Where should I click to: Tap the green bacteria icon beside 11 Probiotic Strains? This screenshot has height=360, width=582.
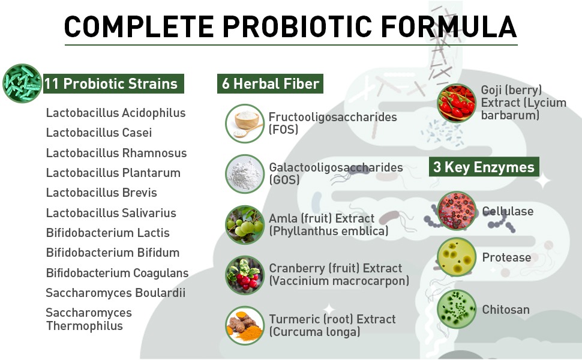pyautogui.click(x=22, y=83)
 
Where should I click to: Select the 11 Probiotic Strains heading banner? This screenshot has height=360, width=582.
pyautogui.click(x=113, y=83)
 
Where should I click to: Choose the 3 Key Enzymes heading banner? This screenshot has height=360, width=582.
pyautogui.click(x=484, y=167)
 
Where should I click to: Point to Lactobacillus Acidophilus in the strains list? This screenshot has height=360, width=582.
pyautogui.click(x=116, y=113)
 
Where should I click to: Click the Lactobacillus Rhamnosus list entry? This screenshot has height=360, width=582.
pyautogui.click(x=116, y=153)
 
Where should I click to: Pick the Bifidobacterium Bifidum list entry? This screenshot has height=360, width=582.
pyautogui.click(x=113, y=253)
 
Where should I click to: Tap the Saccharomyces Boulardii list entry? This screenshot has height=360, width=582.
pyautogui.click(x=116, y=293)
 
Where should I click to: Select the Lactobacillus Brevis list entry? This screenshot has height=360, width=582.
pyautogui.click(x=101, y=193)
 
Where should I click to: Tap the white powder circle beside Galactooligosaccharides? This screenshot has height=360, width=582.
pyautogui.click(x=245, y=174)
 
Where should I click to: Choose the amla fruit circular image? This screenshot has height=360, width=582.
pyautogui.click(x=245, y=224)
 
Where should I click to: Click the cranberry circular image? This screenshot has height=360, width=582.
pyautogui.click(x=245, y=275)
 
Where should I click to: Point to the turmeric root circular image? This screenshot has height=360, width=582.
pyautogui.click(x=245, y=325)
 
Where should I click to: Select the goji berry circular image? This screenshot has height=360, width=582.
pyautogui.click(x=457, y=103)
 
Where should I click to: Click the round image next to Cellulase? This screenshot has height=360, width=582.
pyautogui.click(x=457, y=211)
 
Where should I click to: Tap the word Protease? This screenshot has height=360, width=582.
pyautogui.click(x=506, y=257)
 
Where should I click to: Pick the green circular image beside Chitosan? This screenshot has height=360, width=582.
pyautogui.click(x=457, y=310)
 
